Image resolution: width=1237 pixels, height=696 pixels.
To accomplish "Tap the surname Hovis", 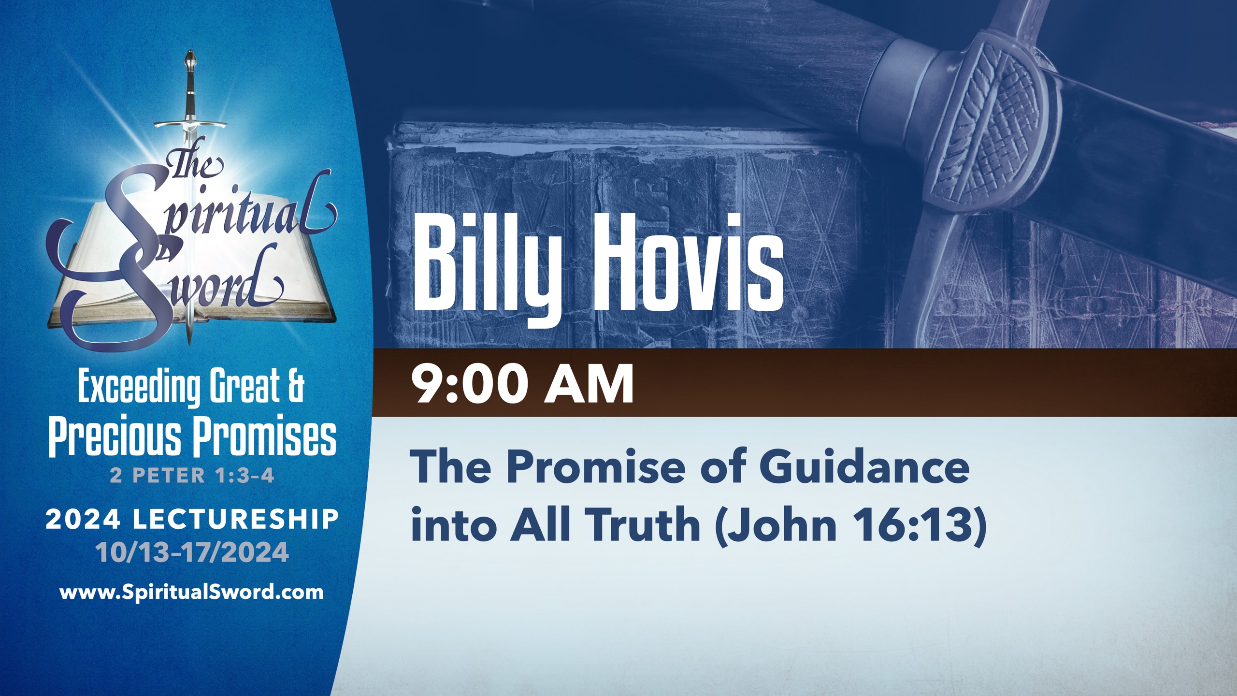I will [689, 263].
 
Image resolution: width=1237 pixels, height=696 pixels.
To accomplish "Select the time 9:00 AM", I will [522, 385].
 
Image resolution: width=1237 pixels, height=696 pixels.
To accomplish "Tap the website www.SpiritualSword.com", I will [191, 592].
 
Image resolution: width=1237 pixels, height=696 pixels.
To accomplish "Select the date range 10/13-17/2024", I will [192, 552].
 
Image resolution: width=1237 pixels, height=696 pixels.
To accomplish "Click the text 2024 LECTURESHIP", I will [192, 520].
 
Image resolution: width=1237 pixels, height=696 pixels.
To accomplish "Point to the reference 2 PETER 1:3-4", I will [192, 476].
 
